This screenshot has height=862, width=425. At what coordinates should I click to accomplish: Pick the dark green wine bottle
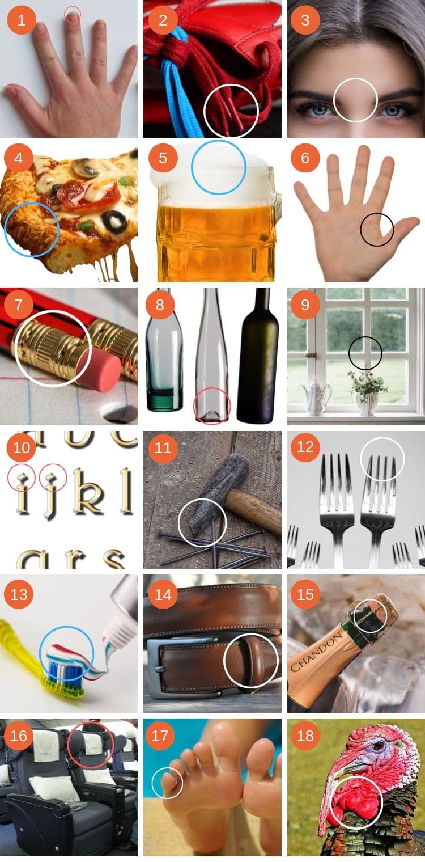click(258, 357)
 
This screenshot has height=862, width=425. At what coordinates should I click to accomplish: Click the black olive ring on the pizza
click(115, 222)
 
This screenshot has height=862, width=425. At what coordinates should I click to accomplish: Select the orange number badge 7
click(19, 305)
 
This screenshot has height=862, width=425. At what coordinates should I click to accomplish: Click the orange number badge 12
click(305, 447)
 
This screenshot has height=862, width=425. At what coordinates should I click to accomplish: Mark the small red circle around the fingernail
click(73, 14)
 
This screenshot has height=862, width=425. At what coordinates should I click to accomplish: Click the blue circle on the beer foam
click(218, 167)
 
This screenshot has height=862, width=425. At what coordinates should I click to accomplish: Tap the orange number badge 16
click(19, 736)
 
